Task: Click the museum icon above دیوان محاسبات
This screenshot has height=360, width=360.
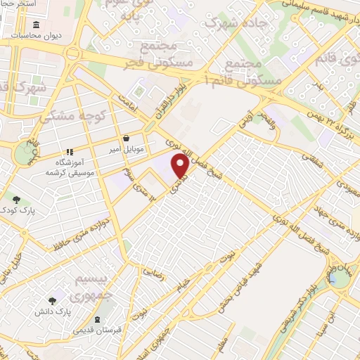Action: point(36,25)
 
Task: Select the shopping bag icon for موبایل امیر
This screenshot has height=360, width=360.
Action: point(125,139)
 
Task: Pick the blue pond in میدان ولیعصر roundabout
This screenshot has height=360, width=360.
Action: point(340,278)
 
